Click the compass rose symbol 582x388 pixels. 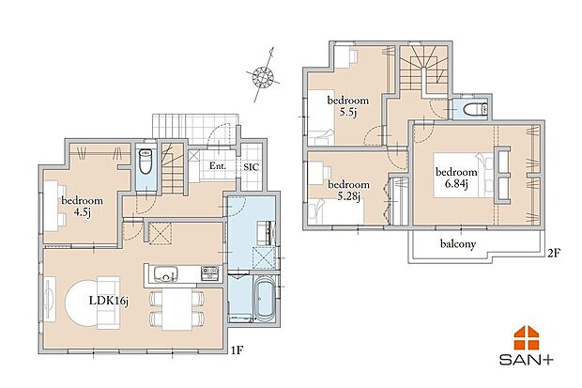[263, 76]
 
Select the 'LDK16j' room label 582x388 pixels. [109, 301]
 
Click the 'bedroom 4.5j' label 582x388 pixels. [82, 207]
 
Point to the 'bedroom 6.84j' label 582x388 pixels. [456, 178]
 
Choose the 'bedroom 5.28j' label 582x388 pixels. [349, 190]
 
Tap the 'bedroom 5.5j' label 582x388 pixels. [348, 106]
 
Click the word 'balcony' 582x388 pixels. [458, 244]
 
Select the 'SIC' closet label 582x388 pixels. [252, 167]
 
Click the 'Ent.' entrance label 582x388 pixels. [218, 165]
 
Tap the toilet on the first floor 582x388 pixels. [145, 162]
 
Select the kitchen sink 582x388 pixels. [165, 273]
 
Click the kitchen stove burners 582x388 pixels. [210, 273]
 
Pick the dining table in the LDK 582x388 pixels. [176, 309]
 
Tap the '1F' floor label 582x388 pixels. [237, 349]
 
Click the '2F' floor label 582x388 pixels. [554, 253]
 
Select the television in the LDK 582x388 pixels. [50, 298]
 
